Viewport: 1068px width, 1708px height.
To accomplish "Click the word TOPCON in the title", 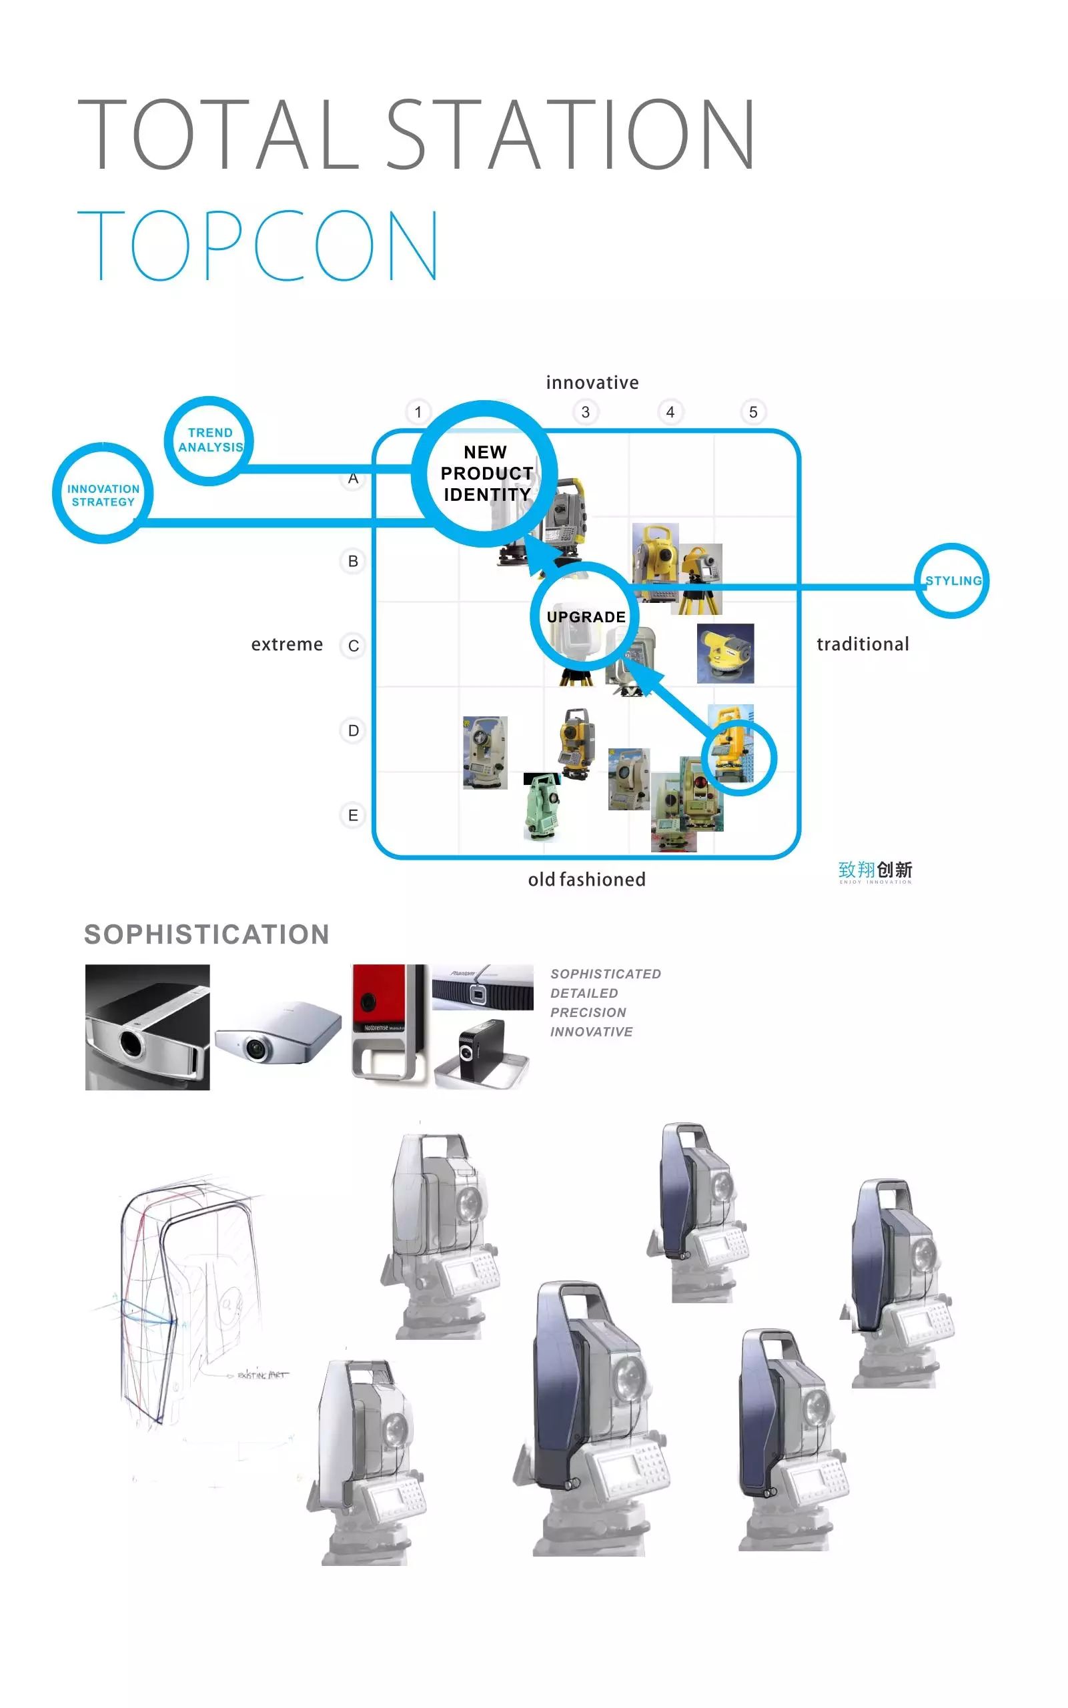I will point(257,245).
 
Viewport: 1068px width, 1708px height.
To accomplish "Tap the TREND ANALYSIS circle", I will point(209,441).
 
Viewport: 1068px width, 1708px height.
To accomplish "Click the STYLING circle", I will point(952,581).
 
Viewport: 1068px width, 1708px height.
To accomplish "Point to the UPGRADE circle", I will point(585,616).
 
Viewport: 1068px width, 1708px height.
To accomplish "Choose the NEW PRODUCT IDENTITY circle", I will point(485,473).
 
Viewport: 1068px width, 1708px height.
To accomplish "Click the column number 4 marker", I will point(670,411).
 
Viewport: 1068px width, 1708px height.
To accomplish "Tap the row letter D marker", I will point(353,730).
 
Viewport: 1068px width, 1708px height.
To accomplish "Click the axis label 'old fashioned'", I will point(586,879).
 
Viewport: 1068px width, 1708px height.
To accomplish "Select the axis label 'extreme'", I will point(287,644).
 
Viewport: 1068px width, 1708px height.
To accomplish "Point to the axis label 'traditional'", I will point(863,644).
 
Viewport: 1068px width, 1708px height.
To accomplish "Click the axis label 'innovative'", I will point(592,383).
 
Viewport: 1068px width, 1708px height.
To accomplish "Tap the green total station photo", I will point(542,807).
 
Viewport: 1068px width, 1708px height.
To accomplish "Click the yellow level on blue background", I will point(725,653).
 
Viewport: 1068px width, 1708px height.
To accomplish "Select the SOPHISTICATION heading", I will point(206,934).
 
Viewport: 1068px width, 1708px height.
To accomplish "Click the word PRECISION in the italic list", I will point(588,1012).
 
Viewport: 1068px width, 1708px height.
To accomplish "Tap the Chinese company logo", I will point(875,871).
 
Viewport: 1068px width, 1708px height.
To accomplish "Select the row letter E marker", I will point(353,815).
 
